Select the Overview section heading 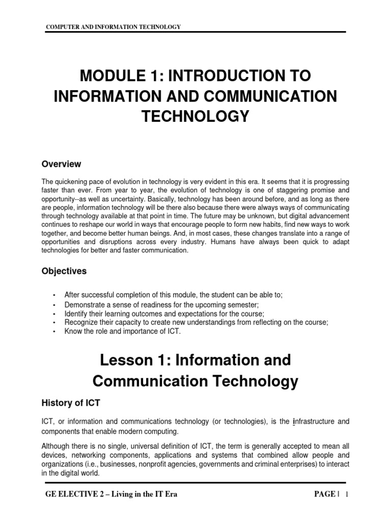(61, 164)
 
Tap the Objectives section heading (64, 271)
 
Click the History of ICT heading (71, 403)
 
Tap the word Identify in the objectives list (76, 314)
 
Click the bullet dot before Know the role (53, 331)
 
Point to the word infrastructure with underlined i (314, 421)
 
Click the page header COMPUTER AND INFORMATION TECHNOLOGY (114, 27)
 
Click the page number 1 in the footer (346, 494)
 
